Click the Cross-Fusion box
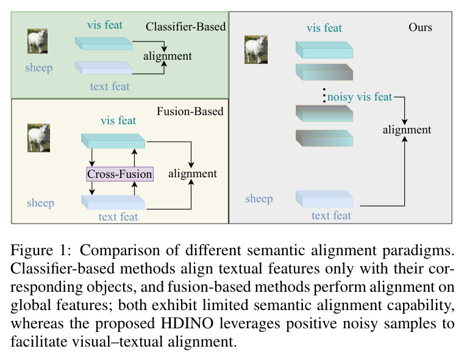(120, 174)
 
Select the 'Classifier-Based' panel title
(185, 27)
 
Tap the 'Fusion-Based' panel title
(190, 111)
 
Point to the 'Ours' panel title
(420, 27)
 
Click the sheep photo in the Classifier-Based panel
(38, 41)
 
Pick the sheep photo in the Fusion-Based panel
(39, 138)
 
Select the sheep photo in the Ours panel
(256, 50)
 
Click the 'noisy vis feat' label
(360, 97)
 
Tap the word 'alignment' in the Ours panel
(407, 130)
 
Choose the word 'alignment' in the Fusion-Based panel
(192, 174)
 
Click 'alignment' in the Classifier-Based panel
(168, 56)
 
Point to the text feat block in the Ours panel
(324, 199)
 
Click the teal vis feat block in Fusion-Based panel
(113, 141)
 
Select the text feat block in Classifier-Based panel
(104, 68)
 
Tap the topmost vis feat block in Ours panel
(324, 50)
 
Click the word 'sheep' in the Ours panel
(259, 199)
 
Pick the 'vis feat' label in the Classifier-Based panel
(105, 25)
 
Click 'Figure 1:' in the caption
(41, 250)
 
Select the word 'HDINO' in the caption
(187, 323)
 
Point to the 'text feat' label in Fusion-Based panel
(118, 217)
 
